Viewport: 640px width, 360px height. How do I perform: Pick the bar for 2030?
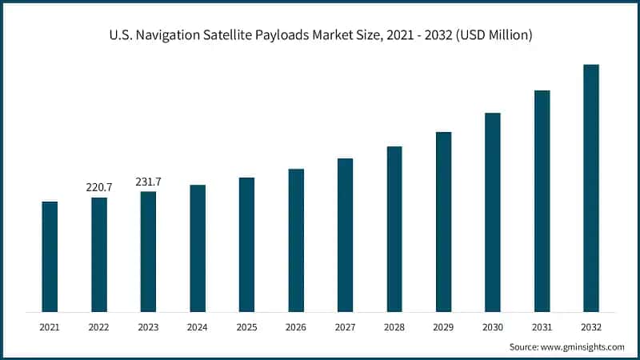tap(493, 212)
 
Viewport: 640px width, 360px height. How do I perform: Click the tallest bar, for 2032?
tap(591, 188)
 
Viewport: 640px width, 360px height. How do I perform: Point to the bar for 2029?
tap(443, 222)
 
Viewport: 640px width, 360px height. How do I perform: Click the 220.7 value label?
tap(99, 187)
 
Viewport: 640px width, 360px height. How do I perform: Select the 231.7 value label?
tap(148, 182)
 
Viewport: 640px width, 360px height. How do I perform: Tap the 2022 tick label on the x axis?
tap(99, 327)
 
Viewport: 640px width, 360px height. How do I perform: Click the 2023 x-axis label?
tap(148, 327)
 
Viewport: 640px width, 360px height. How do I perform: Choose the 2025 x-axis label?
tap(246, 327)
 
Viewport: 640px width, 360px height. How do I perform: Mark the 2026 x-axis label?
tap(296, 327)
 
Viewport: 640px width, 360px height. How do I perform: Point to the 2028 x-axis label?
tap(394, 327)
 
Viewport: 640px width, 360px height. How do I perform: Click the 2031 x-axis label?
tap(542, 327)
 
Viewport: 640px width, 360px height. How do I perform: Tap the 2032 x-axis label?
tap(591, 327)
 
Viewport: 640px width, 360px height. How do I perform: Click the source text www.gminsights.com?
tap(582, 347)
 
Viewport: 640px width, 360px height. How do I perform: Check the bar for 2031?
tap(542, 201)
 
